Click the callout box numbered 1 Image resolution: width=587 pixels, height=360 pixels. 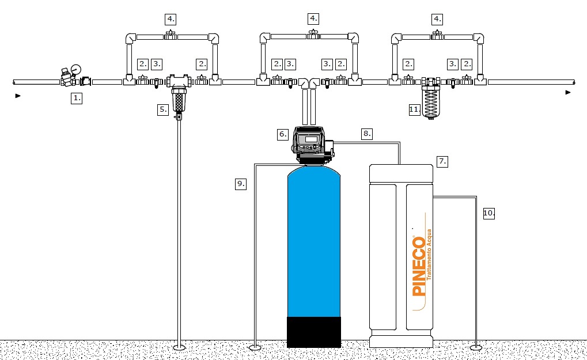pos(77,98)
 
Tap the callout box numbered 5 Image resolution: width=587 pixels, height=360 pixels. pos(163,109)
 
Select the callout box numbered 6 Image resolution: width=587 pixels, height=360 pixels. pos(283,134)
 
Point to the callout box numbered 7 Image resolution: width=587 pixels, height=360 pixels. pos(442,162)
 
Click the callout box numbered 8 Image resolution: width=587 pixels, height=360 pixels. pos(367,134)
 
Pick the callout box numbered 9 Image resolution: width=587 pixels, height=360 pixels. pos(241,184)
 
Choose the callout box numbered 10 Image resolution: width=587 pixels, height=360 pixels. pos(489,213)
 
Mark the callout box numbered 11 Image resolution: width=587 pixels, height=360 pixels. pos(414,109)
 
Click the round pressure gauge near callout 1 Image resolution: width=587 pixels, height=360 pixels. pos(76,69)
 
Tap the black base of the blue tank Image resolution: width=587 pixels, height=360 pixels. pos(314,332)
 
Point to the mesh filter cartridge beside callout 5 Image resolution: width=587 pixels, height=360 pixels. pos(179,100)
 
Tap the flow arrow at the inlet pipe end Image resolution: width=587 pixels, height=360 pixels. pos(18,96)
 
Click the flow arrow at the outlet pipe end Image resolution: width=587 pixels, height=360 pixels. pos(568,92)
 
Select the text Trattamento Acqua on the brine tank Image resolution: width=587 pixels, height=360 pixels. pos(429,255)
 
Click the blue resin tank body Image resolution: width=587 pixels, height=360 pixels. pos(314,243)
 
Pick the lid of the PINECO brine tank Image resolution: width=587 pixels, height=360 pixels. pos(401,173)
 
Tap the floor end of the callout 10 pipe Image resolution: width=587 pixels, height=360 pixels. pos(476,348)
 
